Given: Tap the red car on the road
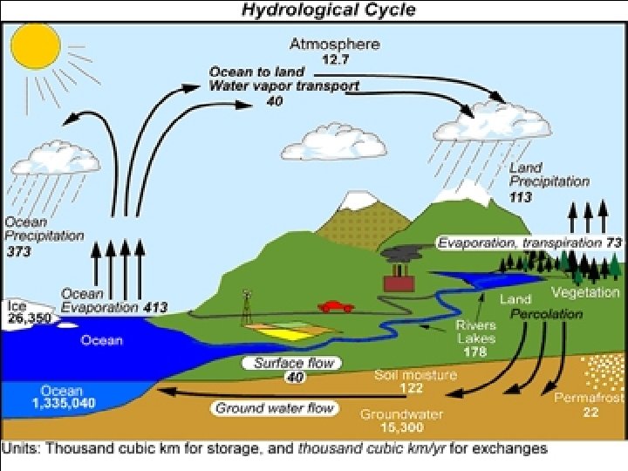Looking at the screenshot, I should (x=336, y=306).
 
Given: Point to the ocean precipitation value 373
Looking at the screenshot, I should (x=18, y=251).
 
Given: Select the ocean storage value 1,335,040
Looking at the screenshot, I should (x=63, y=403).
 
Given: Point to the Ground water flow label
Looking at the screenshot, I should (x=274, y=407).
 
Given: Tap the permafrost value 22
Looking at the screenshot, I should (x=590, y=412).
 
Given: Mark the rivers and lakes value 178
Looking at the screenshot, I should (x=475, y=352).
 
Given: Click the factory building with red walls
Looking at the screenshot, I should (x=398, y=283).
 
